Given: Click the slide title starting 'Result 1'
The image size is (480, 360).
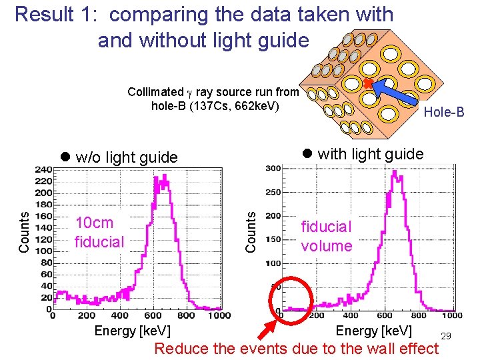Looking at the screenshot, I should [203, 27].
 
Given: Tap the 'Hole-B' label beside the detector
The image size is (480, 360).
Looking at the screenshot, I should [444, 112].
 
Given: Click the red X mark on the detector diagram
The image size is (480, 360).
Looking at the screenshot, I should [367, 83].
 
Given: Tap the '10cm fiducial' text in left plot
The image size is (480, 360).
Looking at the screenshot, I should [99, 232].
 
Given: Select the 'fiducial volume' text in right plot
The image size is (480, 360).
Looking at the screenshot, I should [326, 236].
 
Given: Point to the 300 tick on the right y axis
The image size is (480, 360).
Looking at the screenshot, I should [273, 168].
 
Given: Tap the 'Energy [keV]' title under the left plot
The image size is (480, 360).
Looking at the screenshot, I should [132, 331].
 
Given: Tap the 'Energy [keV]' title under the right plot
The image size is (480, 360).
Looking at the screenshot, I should [374, 331].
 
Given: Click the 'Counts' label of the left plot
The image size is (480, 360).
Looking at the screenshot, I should [24, 232].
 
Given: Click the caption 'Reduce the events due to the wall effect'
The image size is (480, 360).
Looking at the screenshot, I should [297, 348].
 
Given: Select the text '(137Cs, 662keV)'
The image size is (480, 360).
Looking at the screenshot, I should [214, 107].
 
